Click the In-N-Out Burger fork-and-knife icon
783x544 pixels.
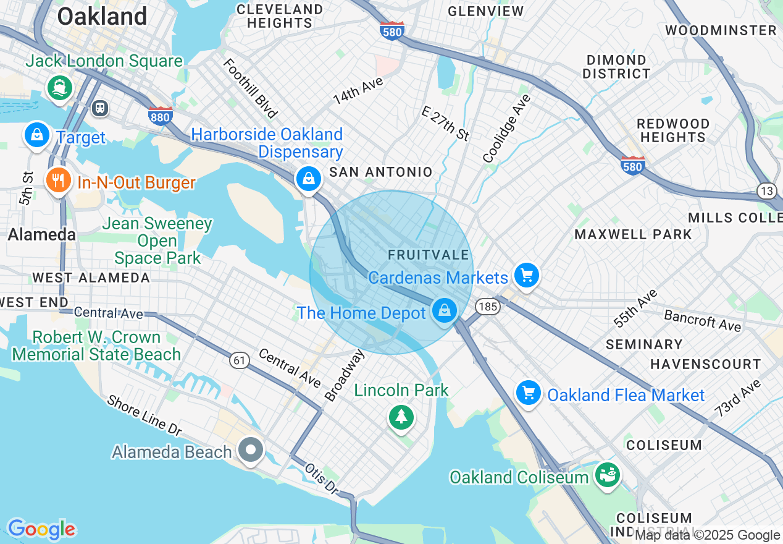[x=59, y=181]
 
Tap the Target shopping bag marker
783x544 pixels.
[x=37, y=134]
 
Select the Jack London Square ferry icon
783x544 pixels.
[x=60, y=87]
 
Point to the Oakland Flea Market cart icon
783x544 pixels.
[x=529, y=393]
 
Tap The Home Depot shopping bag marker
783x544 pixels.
[x=444, y=310]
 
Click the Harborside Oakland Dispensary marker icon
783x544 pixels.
[x=308, y=179]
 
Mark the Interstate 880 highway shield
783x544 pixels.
[x=161, y=116]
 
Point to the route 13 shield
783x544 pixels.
[x=767, y=191]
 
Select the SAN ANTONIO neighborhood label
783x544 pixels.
[x=381, y=172]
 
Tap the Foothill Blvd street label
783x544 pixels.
[x=249, y=88]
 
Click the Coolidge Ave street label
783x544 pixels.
[x=507, y=129]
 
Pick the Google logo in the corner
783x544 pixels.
[x=41, y=530]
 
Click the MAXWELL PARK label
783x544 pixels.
[x=633, y=234]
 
